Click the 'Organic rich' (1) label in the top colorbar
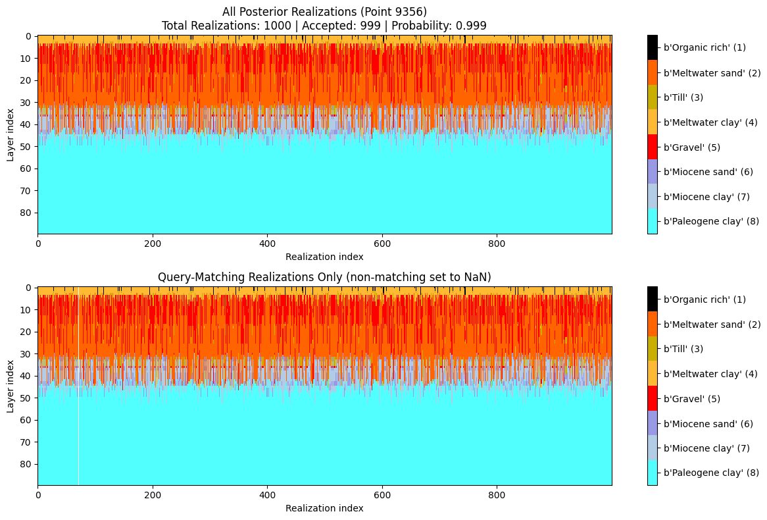pyautogui.click(x=705, y=47)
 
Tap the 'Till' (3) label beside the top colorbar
pyautogui.click(x=683, y=97)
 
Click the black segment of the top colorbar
pyautogui.click(x=653, y=47)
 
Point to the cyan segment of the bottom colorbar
pyautogui.click(x=653, y=473)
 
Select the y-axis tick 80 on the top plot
pyautogui.click(x=28, y=213)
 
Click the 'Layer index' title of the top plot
pyautogui.click(x=11, y=134)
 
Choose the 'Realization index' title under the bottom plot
pyautogui.click(x=324, y=508)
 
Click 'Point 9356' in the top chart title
pyautogui.click(x=398, y=11)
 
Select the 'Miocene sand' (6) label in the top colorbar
pyautogui.click(x=708, y=172)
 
